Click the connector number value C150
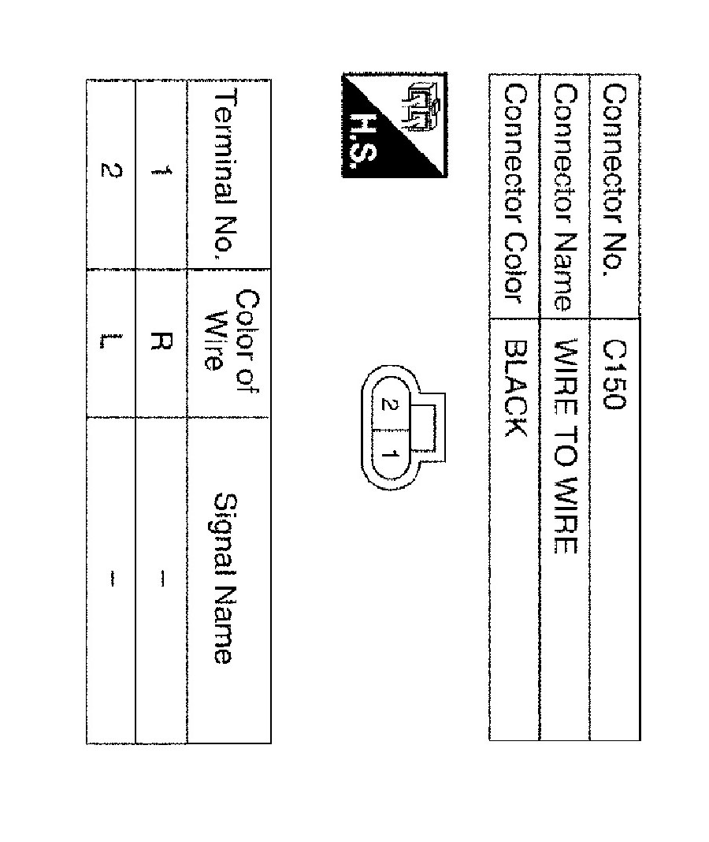[x=614, y=374]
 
